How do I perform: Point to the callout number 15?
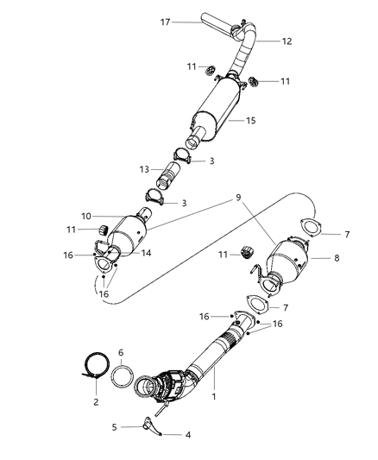(x=250, y=121)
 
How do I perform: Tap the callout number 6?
(x=122, y=353)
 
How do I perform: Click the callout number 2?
(x=96, y=402)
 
